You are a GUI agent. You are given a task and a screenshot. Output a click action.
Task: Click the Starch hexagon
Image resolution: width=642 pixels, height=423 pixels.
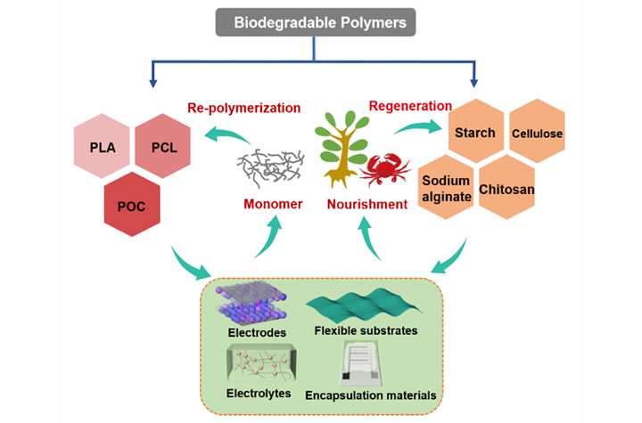click(x=474, y=133)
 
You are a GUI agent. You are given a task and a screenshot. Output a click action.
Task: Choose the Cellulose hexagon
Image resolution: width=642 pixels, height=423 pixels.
click(x=536, y=134)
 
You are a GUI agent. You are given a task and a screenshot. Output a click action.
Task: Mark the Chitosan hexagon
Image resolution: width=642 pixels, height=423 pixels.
click(x=507, y=190)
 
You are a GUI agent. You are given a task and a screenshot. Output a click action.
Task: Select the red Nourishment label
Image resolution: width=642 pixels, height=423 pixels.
click(x=367, y=205)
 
